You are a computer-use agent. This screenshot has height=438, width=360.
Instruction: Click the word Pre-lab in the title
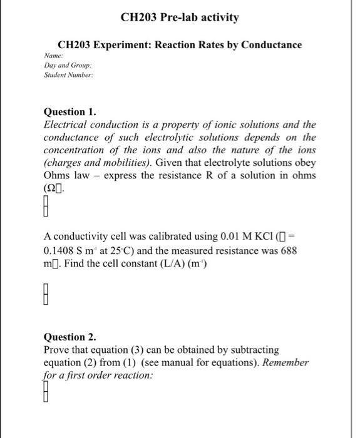(x=185, y=18)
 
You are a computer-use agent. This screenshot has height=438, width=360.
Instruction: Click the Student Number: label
(x=68, y=74)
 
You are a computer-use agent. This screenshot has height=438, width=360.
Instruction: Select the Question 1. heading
(x=70, y=112)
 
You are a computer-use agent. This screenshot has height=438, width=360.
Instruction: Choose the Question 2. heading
(x=70, y=337)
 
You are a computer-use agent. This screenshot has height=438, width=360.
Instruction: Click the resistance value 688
(x=289, y=250)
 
